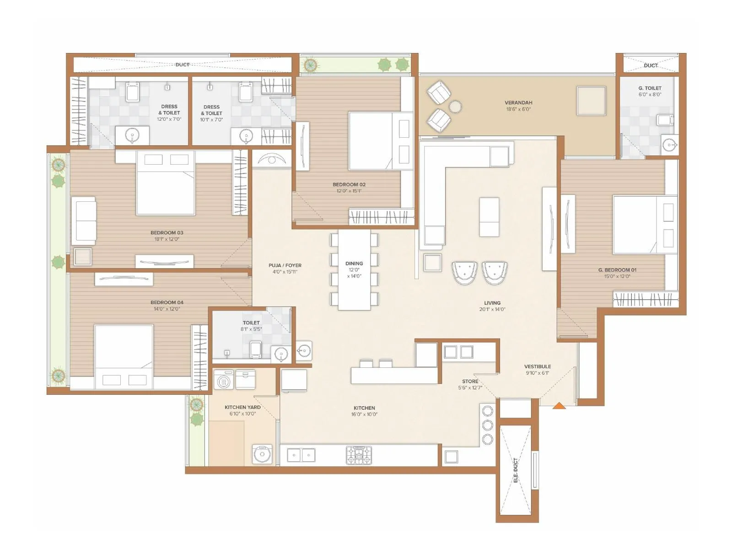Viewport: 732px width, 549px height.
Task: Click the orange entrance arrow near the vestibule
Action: (559, 405)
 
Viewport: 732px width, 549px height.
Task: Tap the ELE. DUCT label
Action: (516, 470)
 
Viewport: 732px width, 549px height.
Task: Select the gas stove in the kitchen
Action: (359, 455)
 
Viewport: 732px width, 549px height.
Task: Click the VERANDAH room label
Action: (518, 103)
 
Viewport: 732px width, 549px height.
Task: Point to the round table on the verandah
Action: (455, 107)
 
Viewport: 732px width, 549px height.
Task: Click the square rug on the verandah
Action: (591, 101)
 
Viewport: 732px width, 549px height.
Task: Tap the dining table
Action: (354, 270)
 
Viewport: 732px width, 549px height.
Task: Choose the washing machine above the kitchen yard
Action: (224, 380)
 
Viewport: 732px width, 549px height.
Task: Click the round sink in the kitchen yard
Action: (262, 454)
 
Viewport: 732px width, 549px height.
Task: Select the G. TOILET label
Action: (650, 88)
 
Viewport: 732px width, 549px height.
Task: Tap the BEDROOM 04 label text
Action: (167, 302)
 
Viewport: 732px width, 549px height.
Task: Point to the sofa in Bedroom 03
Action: (84, 221)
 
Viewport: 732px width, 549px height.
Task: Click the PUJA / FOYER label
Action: (285, 265)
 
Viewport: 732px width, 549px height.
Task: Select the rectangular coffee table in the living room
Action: (489, 217)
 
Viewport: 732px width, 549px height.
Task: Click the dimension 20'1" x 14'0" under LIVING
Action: (492, 309)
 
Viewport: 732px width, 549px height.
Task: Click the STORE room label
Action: (470, 381)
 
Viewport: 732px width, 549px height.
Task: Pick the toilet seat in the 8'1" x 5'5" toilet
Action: (256, 350)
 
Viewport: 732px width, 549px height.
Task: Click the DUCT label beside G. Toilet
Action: (650, 65)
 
